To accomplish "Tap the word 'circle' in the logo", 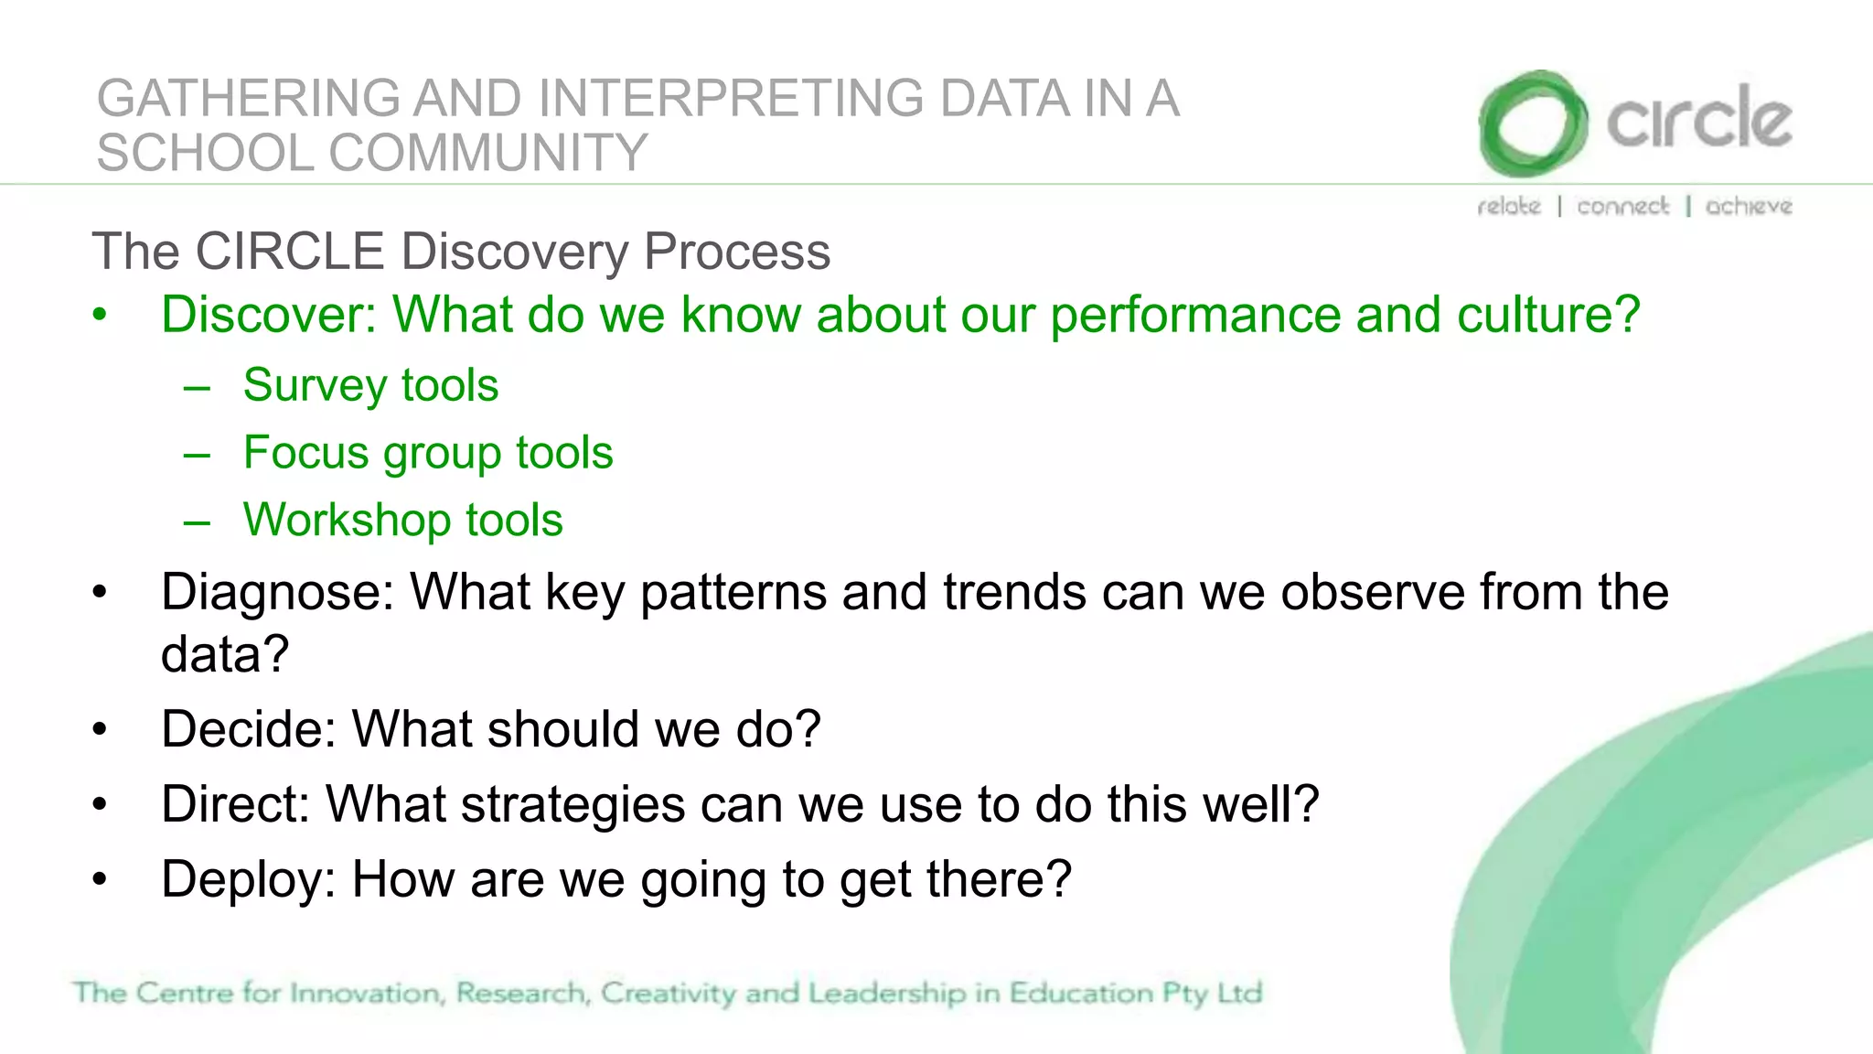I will [x=1699, y=120].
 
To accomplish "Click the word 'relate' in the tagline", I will [x=1509, y=206].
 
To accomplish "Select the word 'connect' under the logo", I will [x=1622, y=206].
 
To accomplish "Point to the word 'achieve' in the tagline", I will [x=1748, y=206].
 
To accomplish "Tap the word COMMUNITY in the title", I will [x=487, y=153].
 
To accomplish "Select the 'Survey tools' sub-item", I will [x=370, y=385].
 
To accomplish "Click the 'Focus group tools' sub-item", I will [x=428, y=453].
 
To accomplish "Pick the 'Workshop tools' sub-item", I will [x=402, y=521].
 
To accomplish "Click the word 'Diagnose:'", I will [x=277, y=592].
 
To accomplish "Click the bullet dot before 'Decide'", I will [x=100, y=730].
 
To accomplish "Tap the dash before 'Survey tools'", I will [x=197, y=388].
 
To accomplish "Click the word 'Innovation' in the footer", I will [x=366, y=993].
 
